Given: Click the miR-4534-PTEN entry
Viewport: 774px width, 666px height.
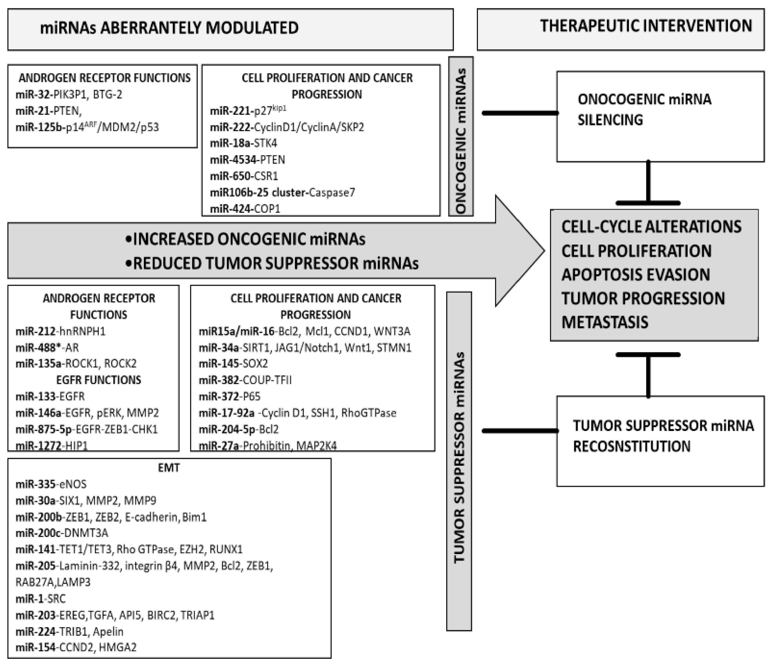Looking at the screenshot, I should (247, 160).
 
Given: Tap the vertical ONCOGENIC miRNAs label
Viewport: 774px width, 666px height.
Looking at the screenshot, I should (461, 137).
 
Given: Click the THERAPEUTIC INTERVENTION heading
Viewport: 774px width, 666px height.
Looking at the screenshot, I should (646, 26).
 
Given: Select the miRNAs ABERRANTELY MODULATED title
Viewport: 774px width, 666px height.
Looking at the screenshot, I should (169, 28).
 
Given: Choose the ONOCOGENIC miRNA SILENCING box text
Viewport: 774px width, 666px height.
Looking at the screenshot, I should (644, 110).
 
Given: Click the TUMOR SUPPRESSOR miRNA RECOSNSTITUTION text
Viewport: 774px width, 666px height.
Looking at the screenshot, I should (663, 436).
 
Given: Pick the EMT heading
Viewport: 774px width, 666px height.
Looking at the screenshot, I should (169, 468).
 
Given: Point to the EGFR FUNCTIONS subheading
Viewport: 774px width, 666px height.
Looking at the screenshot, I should (99, 380).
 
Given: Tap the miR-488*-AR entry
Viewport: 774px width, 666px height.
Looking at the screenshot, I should (47, 348).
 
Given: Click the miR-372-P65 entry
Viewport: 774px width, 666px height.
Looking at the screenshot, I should (229, 396).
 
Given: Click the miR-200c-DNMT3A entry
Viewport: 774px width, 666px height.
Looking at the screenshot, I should (62, 533).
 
